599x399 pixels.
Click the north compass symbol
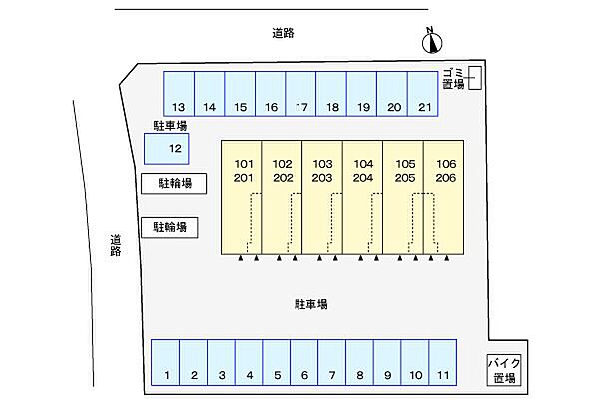point(432,41)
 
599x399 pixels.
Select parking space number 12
point(166,149)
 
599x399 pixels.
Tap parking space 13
point(179,94)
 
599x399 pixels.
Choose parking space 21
point(423,94)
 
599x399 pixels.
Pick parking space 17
point(300,94)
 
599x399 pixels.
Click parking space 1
point(166,362)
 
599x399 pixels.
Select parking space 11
point(443,362)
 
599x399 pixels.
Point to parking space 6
point(304,362)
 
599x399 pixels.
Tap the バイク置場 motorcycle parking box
point(504,370)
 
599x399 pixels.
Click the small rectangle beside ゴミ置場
point(475,78)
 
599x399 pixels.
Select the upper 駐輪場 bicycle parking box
point(174,184)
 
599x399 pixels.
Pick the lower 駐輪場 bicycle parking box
point(170,228)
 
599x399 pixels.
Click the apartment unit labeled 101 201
point(242,198)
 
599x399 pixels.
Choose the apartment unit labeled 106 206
point(444,198)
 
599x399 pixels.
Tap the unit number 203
point(322,178)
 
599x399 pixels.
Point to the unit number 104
point(363,164)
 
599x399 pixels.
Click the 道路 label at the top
point(284,33)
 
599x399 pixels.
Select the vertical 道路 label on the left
point(116,245)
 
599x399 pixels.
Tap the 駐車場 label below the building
point(310,304)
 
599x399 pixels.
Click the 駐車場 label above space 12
point(170,126)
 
